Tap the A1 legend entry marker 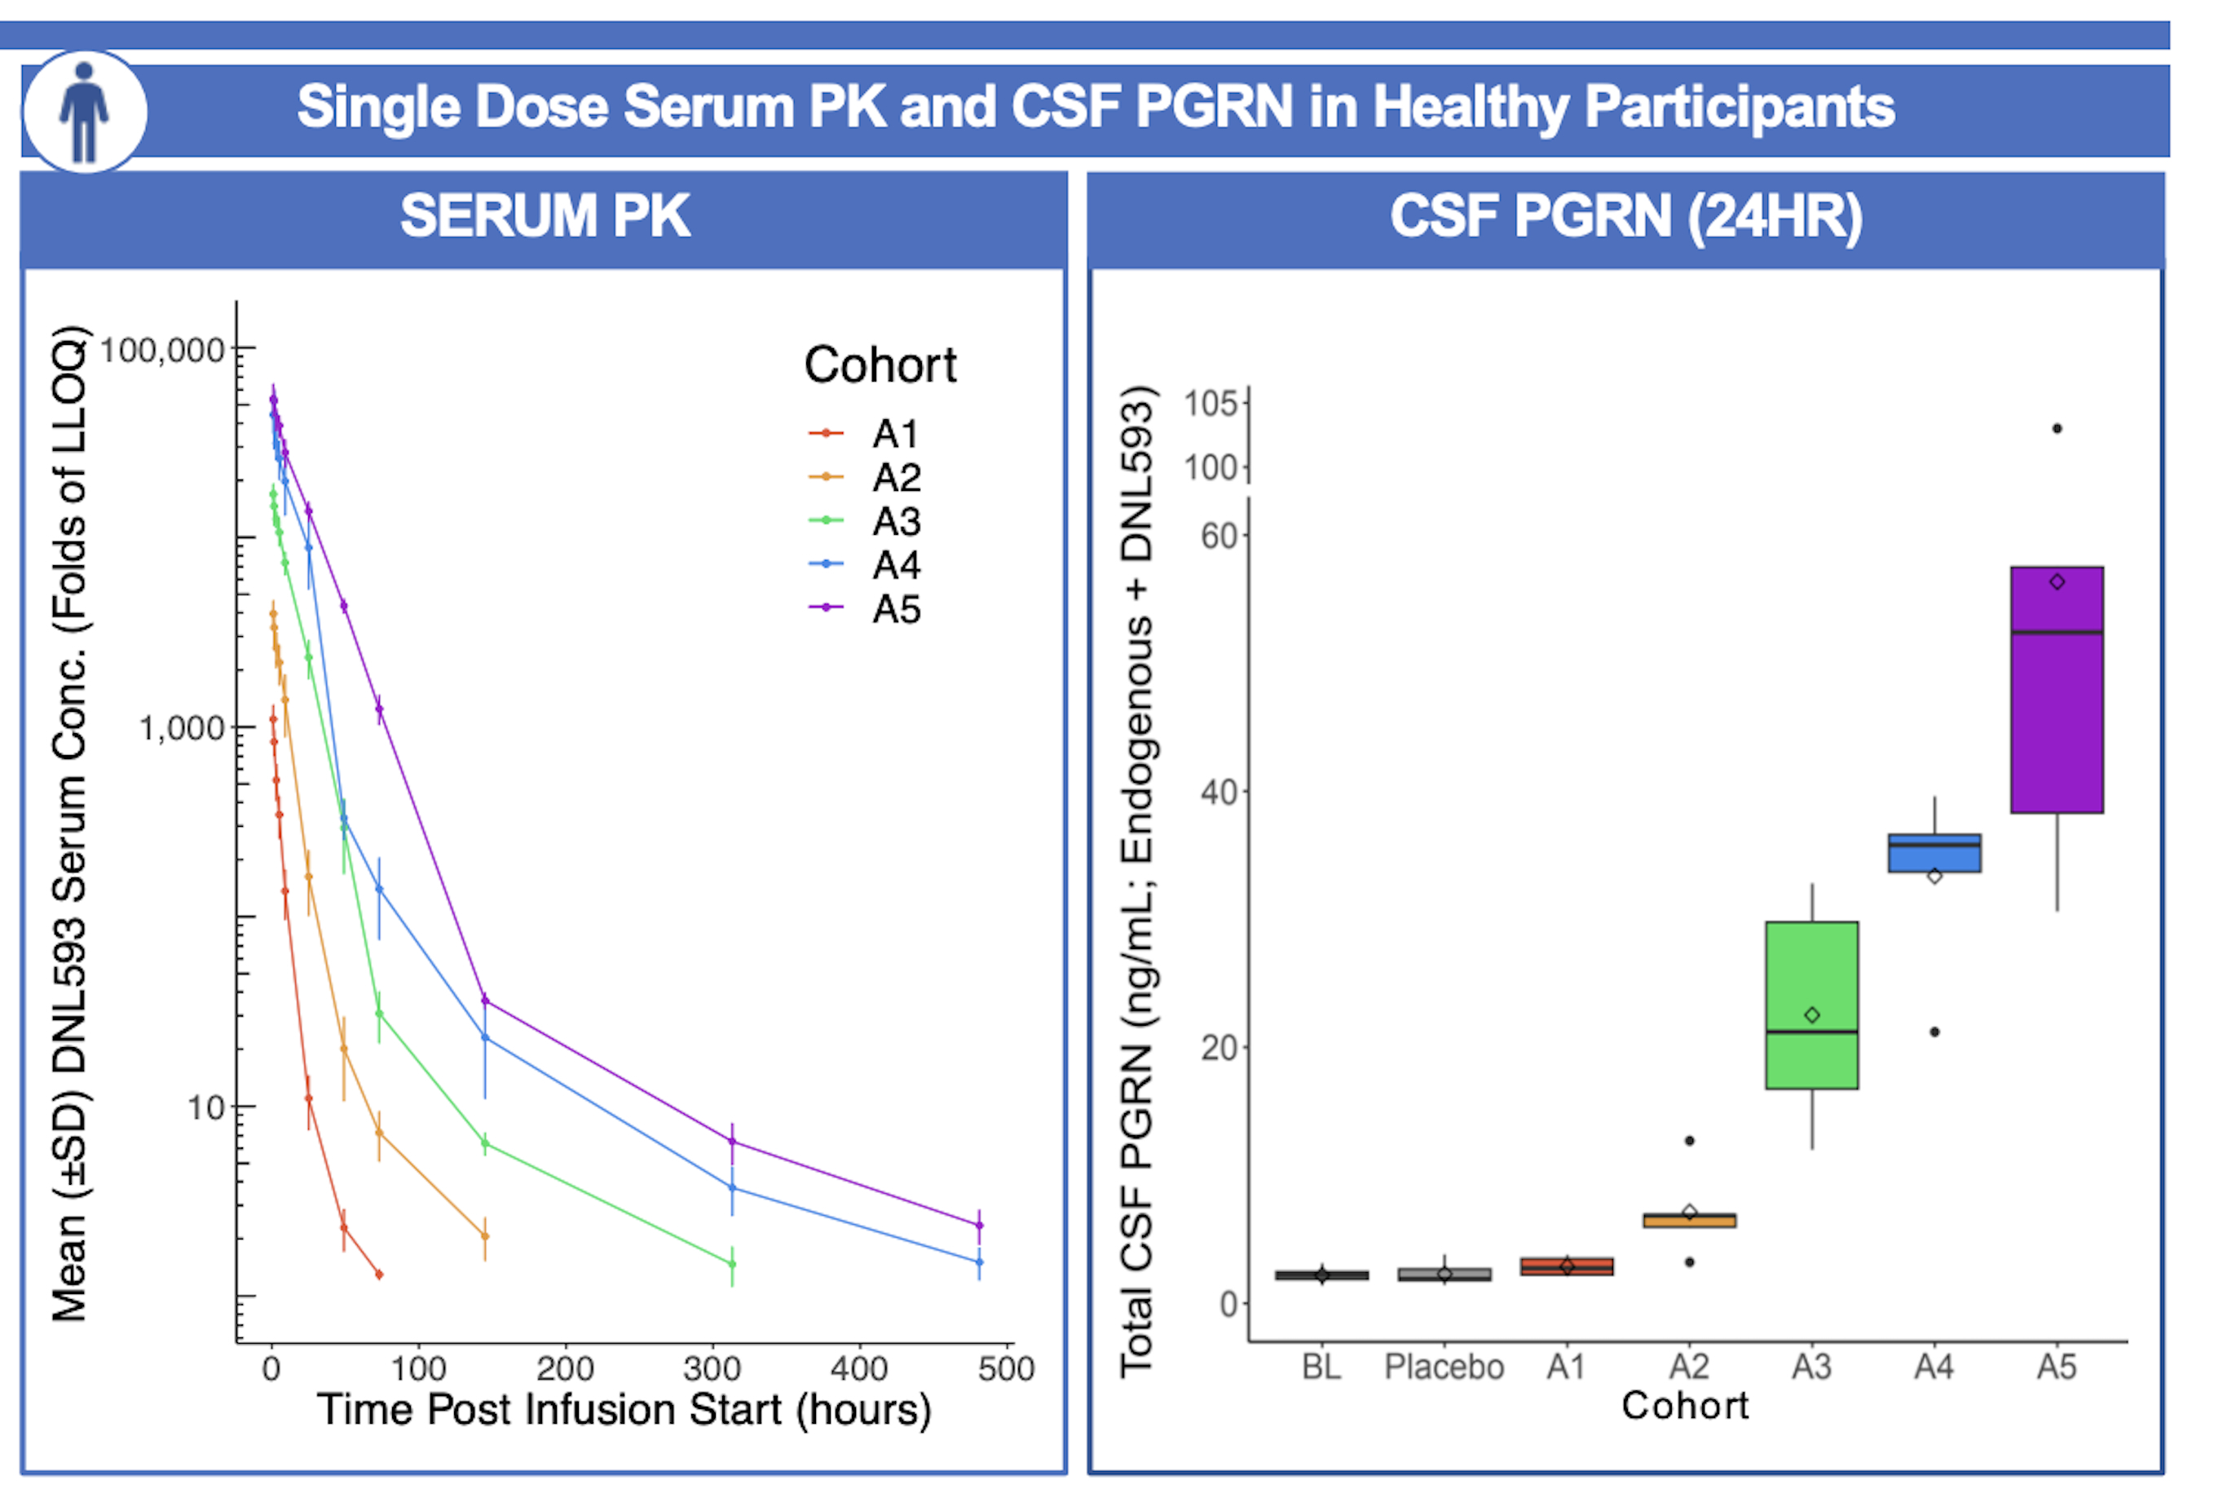(826, 434)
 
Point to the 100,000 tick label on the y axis (161, 351)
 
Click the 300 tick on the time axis (712, 1368)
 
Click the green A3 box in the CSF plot (1811, 1005)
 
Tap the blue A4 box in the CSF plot (1934, 853)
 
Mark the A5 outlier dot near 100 (2057, 429)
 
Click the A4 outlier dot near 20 (1934, 1032)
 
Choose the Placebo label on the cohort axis (1444, 1367)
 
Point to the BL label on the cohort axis (1321, 1367)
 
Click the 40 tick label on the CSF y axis (1219, 792)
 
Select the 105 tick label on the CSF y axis (1211, 404)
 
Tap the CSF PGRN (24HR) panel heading (1625, 217)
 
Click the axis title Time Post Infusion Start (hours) (624, 1409)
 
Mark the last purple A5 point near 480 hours (979, 1225)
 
